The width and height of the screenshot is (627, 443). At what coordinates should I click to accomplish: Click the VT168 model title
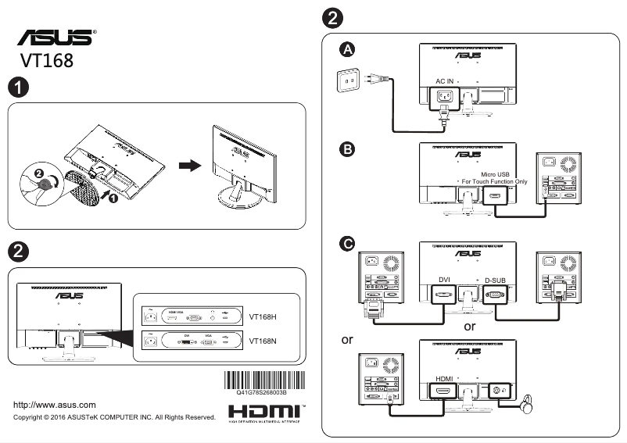point(47,61)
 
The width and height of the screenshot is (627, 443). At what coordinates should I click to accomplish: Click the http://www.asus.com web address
point(56,405)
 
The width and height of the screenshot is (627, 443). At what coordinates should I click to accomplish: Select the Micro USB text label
point(496,173)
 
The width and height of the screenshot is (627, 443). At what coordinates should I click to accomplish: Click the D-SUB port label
point(496,279)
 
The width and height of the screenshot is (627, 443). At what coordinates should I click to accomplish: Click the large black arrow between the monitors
point(188,166)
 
